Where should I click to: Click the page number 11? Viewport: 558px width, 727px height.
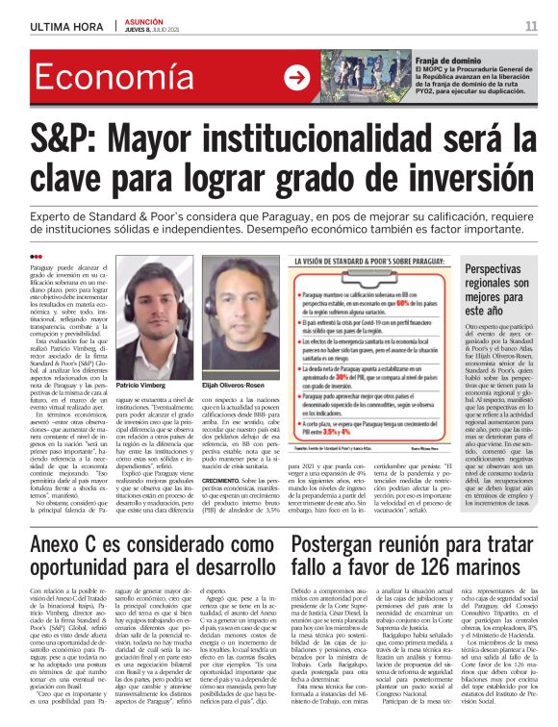coord(530,26)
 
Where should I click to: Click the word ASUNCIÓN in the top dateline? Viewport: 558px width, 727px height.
coord(141,20)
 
